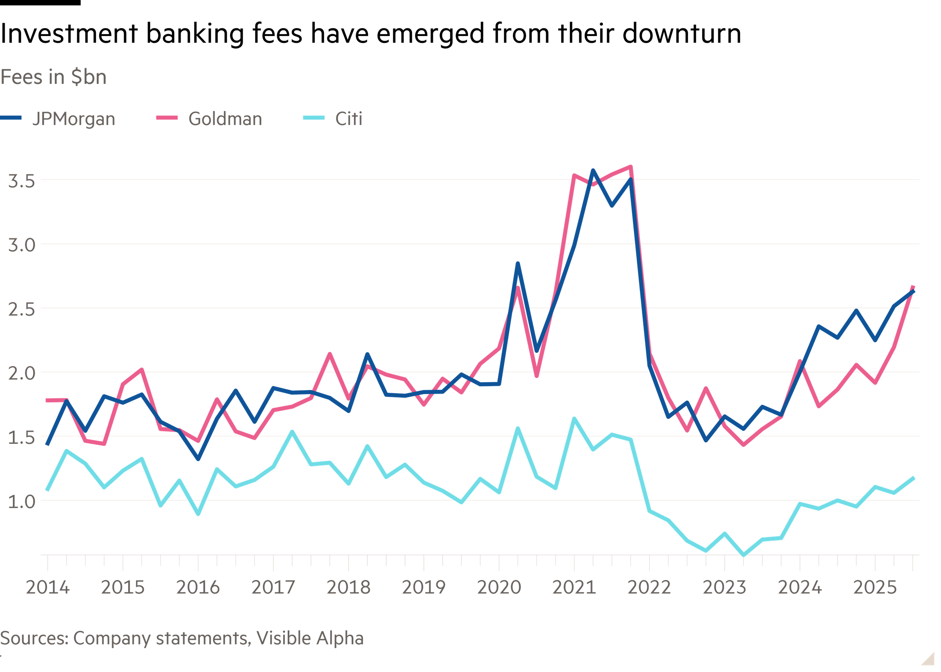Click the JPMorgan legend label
click(74, 119)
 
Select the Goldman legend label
click(225, 119)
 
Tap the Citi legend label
click(349, 119)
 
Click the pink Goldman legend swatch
click(167, 118)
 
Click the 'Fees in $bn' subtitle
click(53, 77)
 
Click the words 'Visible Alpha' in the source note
click(310, 639)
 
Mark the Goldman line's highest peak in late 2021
click(630, 167)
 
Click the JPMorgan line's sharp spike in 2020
click(518, 263)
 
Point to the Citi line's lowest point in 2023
click(744, 555)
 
